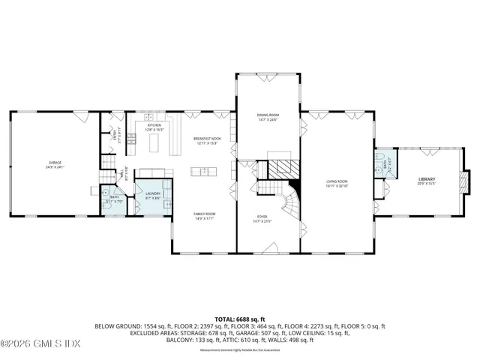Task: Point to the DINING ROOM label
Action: (x=268, y=116)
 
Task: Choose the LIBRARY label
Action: (x=427, y=180)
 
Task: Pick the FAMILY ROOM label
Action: (x=205, y=215)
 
